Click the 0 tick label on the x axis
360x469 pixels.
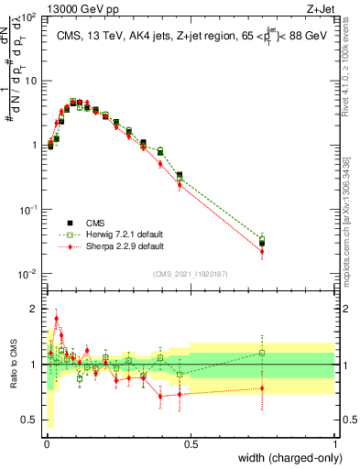tap(46, 444)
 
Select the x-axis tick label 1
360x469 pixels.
tap(335, 444)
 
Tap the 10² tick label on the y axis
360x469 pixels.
tap(27, 16)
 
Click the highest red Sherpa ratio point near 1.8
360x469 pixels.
tap(57, 319)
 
